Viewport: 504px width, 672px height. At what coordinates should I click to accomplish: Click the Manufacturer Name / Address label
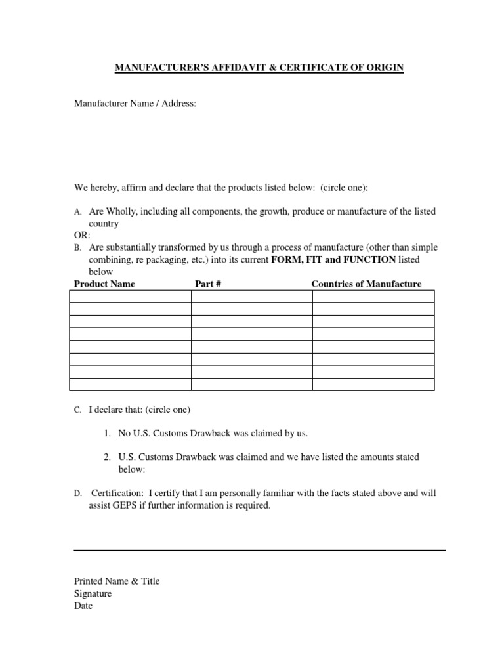[135, 104]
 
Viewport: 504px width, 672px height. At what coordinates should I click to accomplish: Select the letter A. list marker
[77, 212]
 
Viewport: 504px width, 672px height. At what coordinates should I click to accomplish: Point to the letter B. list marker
[77, 248]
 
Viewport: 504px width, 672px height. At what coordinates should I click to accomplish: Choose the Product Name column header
[104, 283]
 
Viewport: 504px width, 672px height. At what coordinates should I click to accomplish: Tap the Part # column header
[206, 283]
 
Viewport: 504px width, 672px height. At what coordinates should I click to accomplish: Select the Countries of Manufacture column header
[366, 283]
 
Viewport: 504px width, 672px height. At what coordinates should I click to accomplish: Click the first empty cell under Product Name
[129, 296]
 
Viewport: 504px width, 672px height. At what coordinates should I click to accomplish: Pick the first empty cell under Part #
[251, 296]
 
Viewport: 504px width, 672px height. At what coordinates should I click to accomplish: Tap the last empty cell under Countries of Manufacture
[373, 385]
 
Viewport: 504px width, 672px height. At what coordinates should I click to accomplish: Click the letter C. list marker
[77, 410]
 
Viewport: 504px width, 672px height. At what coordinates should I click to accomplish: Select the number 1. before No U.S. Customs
[108, 433]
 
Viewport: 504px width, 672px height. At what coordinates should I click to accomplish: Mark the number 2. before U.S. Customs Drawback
[108, 456]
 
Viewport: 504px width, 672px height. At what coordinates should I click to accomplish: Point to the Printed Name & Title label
[116, 581]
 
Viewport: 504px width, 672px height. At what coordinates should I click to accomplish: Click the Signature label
[93, 593]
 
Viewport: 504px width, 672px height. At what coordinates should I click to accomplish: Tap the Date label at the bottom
[83, 606]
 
